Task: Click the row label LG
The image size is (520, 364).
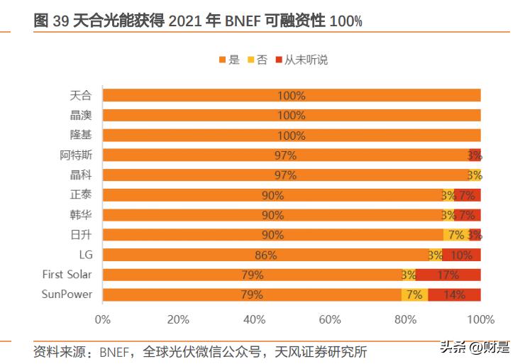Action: pos(85,255)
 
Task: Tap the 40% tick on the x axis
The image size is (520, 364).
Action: pos(254,320)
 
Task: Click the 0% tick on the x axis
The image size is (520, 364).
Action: pos(103,320)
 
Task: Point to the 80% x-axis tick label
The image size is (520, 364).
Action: pos(406,320)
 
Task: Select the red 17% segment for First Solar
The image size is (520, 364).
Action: pos(448,275)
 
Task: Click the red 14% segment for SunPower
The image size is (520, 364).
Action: pos(454,294)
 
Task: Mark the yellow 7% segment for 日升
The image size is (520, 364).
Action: pos(456,235)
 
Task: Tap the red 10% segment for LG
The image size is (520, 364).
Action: pos(462,255)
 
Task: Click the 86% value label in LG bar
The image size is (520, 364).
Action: pos(265,255)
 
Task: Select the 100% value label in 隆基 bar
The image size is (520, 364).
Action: pos(292,135)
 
